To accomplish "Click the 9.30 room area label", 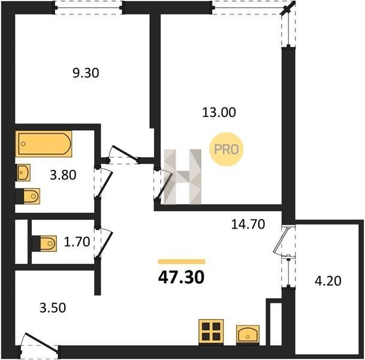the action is pos(86,73).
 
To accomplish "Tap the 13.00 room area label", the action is pos(219,112).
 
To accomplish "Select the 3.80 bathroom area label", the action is pos(63,175).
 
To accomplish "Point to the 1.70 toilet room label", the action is pos(77,242).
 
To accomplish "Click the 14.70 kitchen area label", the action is pos(248,224).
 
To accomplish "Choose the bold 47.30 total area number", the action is pos(181,277).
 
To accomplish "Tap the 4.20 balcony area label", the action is pos(328,281).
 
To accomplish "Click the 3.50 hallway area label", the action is pos(53,308).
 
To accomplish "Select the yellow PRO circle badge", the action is pos(227,149).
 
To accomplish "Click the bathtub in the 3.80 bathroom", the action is pos(44,144).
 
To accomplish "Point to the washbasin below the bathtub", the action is pos(23,173).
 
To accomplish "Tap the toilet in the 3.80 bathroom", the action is pos(28,196).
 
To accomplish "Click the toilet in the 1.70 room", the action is pos(44,244).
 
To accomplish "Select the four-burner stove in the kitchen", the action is pos(211,331).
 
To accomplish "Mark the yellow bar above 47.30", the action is pos(182,262).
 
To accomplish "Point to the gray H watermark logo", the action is pos(182,177).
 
